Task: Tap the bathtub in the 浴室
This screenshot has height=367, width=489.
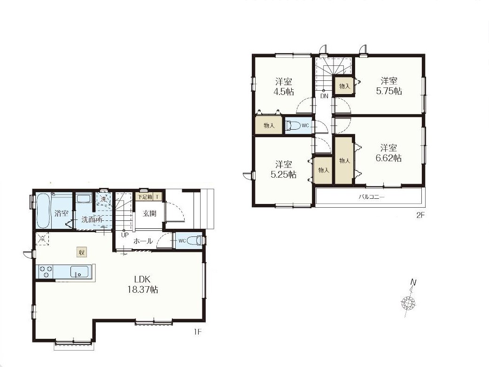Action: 43,211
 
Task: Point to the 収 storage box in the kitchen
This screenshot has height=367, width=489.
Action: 81,252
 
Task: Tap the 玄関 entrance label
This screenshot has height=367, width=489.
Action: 149,214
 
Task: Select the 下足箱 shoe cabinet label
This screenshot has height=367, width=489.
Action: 145,197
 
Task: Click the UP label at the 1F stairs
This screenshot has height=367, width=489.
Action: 125,235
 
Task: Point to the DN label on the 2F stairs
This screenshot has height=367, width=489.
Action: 324,96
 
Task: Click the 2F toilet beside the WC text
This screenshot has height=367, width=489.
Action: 292,125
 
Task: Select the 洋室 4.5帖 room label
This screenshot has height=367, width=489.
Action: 284,87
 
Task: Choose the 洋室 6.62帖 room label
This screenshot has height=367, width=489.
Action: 388,153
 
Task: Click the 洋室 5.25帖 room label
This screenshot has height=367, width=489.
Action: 283,170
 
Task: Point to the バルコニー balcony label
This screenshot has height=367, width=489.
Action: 372,197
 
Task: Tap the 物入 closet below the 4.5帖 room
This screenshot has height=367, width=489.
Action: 269,125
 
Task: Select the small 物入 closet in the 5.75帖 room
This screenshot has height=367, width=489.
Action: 344,86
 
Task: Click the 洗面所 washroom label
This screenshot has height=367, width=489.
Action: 92,219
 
